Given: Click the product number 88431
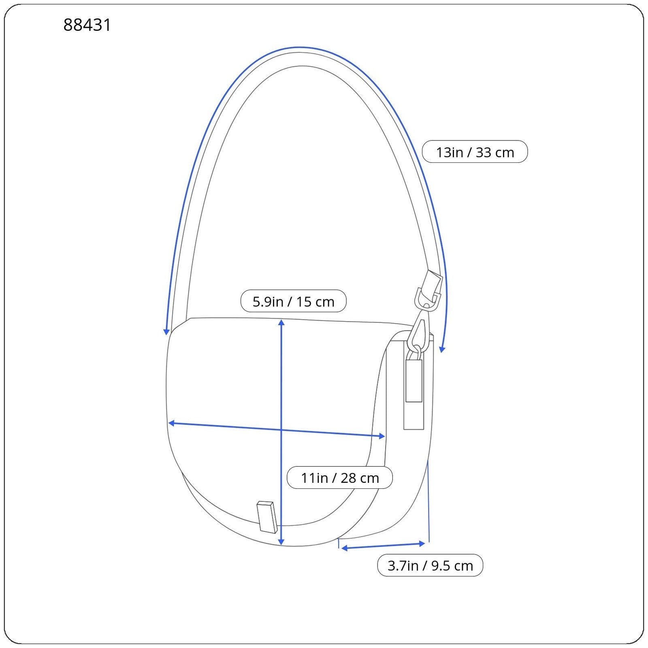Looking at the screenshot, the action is (x=87, y=25).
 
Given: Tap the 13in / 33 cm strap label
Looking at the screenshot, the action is (x=475, y=152).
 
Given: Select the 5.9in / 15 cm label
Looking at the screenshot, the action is (x=293, y=301).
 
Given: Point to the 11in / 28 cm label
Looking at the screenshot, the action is (x=339, y=477).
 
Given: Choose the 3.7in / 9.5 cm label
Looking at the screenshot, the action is (x=430, y=565).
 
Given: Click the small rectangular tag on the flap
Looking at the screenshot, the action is (x=267, y=517).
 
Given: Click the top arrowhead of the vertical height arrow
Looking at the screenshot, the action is (x=281, y=322).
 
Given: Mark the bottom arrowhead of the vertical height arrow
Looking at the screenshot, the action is (x=281, y=541).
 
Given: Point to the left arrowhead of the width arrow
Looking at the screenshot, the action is (x=171, y=423).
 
